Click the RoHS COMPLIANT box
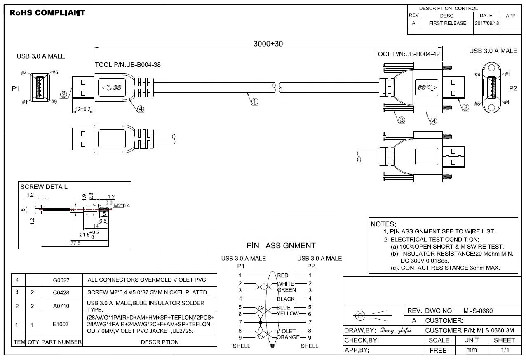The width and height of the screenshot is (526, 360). pyautogui.click(x=47, y=13)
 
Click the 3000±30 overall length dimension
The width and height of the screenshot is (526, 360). pyautogui.click(x=268, y=44)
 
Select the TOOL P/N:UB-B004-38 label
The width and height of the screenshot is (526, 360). pyautogui.click(x=128, y=65)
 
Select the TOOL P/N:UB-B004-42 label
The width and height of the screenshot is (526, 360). pyautogui.click(x=406, y=54)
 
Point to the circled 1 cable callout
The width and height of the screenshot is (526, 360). pyautogui.click(x=255, y=101)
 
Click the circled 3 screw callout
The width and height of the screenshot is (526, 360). pyautogui.click(x=401, y=120)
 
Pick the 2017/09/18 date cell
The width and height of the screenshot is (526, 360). pyautogui.click(x=486, y=23)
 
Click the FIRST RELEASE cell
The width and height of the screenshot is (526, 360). pyautogui.click(x=447, y=23)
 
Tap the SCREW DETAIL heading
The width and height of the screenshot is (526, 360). pyautogui.click(x=44, y=187)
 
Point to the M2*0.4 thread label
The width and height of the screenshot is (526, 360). pyautogui.click(x=122, y=205)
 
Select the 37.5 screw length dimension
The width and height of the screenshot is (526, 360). pyautogui.click(x=75, y=243)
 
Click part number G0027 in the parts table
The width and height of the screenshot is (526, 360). pyautogui.click(x=61, y=280)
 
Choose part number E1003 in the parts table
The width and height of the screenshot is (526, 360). pyautogui.click(x=61, y=325)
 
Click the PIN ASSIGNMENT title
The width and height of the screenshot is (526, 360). pyautogui.click(x=281, y=246)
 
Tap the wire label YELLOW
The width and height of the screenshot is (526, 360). pyautogui.click(x=288, y=314)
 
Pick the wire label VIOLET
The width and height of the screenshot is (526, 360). pyautogui.click(x=286, y=331)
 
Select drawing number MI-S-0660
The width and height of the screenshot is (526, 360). pyautogui.click(x=478, y=311)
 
